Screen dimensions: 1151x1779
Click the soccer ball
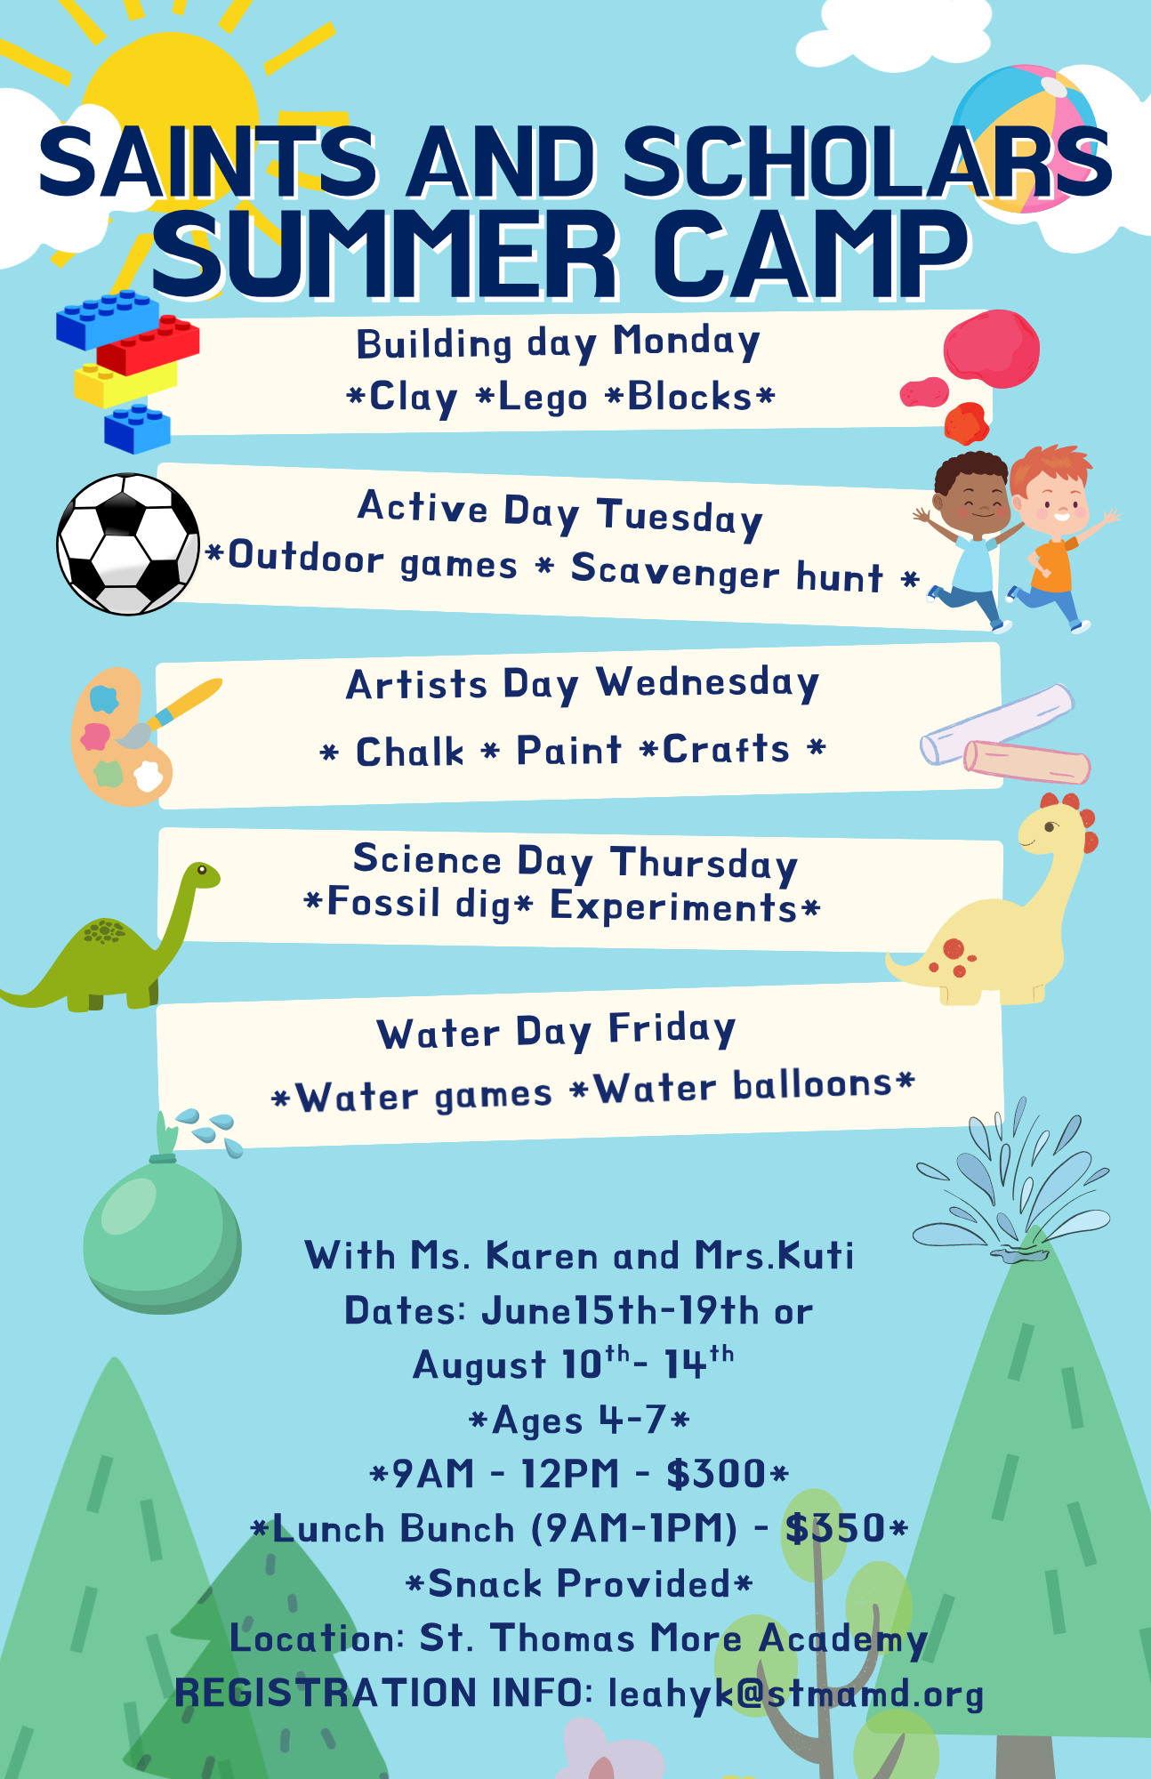pyautogui.click(x=128, y=543)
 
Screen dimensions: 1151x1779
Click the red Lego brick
pyautogui.click(x=148, y=344)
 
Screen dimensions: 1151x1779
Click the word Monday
pyautogui.click(x=687, y=342)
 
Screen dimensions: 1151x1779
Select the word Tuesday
pyautogui.click(x=680, y=517)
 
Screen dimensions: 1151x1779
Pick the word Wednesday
pyautogui.click(x=708, y=683)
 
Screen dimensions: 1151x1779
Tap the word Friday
pyautogui.click(x=672, y=1029)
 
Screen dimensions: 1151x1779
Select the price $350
pyautogui.click(x=835, y=1528)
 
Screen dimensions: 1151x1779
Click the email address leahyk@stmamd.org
pyautogui.click(x=796, y=1694)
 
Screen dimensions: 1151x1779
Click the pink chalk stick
pyautogui.click(x=1027, y=761)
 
